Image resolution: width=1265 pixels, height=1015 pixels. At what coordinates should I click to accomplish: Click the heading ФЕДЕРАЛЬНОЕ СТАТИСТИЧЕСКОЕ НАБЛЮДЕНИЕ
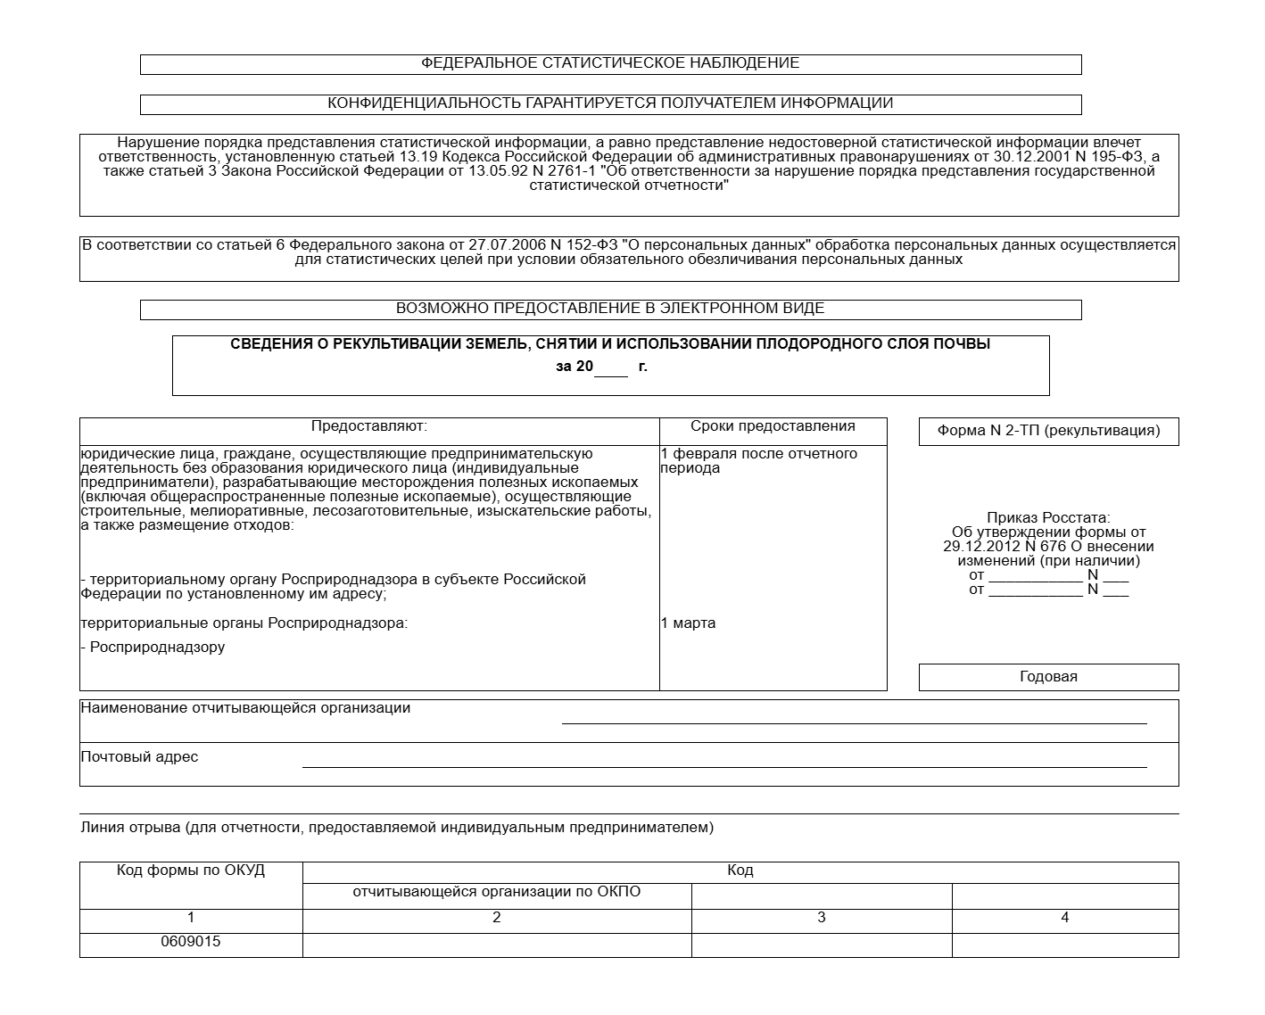pos(610,63)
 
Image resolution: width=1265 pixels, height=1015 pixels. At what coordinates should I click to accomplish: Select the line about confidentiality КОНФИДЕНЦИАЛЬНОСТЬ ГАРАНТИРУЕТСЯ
pos(610,103)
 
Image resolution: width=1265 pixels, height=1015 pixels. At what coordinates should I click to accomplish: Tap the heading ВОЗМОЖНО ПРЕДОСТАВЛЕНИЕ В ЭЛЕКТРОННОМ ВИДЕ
pos(610,309)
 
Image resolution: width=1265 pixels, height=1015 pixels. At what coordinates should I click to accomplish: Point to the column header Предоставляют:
pos(369,427)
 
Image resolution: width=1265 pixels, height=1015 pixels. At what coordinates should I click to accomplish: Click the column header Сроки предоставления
pos(773,426)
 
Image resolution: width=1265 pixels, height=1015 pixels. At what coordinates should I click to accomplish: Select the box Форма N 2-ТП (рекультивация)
pos(1048,431)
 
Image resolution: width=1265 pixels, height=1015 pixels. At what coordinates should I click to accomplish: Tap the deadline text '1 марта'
pos(688,623)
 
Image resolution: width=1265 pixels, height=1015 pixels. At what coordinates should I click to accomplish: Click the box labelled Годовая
pos(1048,677)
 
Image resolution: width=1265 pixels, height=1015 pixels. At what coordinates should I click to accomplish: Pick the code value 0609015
pos(191,942)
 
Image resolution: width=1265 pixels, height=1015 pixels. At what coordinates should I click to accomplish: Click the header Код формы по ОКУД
pos(191,871)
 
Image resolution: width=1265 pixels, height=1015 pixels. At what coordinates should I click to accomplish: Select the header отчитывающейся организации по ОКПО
pos(497,892)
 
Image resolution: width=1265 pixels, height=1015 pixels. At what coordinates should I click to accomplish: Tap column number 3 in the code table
pos(822,918)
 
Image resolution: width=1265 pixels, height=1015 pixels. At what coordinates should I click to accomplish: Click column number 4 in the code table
pos(1064,918)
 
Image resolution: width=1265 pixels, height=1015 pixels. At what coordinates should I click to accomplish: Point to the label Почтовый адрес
pos(140,757)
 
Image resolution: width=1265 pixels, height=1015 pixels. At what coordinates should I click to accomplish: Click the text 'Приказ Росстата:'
pos(1048,518)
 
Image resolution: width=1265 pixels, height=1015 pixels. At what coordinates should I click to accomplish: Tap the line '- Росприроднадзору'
pos(153,648)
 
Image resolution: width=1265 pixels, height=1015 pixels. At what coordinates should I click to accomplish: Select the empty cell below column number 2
pos(497,945)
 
